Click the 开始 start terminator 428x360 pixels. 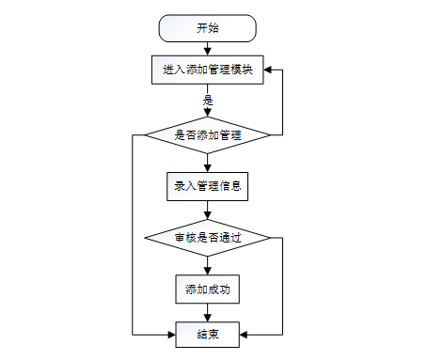click(208, 28)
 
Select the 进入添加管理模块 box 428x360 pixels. click(208, 70)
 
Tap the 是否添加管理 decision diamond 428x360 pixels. click(208, 135)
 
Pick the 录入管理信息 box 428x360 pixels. click(208, 186)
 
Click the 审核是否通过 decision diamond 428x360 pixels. click(208, 238)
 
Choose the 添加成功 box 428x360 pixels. click(208, 290)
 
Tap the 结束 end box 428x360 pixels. click(208, 335)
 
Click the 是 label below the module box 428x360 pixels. click(208, 101)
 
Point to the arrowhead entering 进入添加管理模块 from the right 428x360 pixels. click(267, 70)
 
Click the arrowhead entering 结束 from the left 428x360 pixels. click(171, 335)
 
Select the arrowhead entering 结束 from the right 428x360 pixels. click(244, 335)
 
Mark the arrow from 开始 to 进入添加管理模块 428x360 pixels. click(208, 49)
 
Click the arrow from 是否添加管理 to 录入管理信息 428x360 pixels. click(208, 163)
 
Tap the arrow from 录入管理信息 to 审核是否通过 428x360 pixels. click(208, 210)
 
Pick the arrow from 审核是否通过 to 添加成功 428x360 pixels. click(208, 266)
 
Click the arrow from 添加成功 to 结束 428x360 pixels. click(208, 313)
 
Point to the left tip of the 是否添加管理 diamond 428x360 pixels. click(145, 135)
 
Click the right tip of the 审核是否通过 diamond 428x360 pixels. click(271, 238)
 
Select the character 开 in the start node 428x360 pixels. click(202, 28)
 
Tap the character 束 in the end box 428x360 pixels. click(214, 335)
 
